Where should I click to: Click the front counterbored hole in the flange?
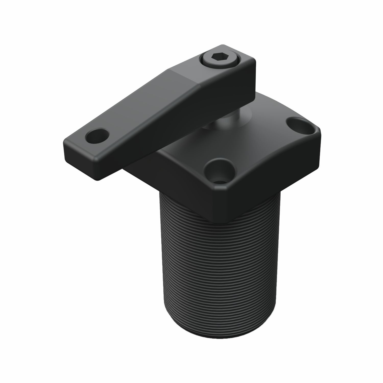(x=219, y=170)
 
